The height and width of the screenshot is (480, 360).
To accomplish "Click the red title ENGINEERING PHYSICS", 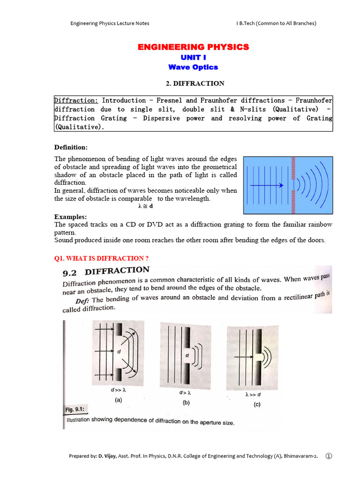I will (193, 47).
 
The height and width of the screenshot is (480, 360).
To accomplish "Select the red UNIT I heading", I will (193, 57).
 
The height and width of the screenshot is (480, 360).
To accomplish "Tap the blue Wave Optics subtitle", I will (193, 67).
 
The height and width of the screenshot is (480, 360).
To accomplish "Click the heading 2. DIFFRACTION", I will (193, 83).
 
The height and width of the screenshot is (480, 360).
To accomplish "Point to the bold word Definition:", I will (71, 147).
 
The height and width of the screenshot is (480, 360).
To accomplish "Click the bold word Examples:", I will (70, 217).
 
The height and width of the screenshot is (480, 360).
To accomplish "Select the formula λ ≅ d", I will (146, 206).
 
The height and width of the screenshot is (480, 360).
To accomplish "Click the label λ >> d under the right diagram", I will (253, 395).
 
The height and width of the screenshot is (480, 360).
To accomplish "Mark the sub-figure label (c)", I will (257, 405).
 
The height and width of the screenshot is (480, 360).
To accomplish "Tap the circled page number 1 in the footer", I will (328, 456).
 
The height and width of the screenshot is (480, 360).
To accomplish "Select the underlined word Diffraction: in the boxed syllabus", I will (76, 100).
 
